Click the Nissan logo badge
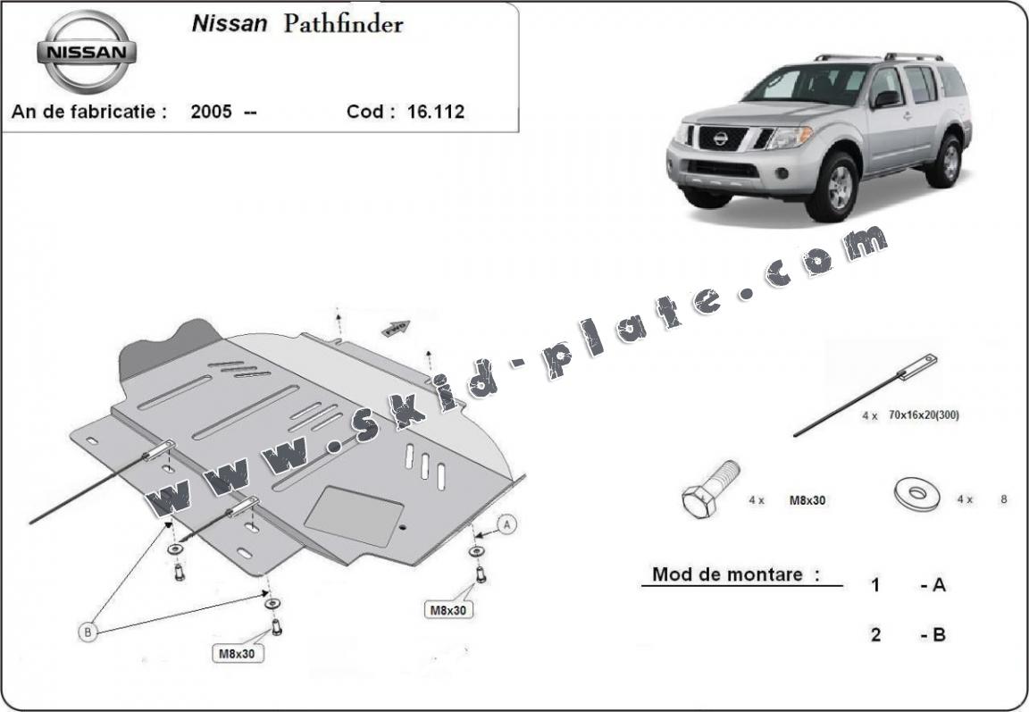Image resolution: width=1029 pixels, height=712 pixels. (x=86, y=51)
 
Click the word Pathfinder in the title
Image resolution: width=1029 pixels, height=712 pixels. (x=343, y=23)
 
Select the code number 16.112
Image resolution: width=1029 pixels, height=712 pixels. (x=436, y=112)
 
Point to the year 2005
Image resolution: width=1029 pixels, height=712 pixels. (x=212, y=112)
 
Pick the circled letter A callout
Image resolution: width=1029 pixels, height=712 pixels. (x=507, y=525)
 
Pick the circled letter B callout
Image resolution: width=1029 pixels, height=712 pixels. (x=88, y=632)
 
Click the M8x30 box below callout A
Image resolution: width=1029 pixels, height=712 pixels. (x=448, y=610)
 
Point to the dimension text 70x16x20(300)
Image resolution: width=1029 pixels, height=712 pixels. (x=923, y=415)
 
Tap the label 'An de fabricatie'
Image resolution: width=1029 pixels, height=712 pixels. (x=88, y=112)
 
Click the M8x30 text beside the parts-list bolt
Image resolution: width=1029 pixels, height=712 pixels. (x=807, y=500)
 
